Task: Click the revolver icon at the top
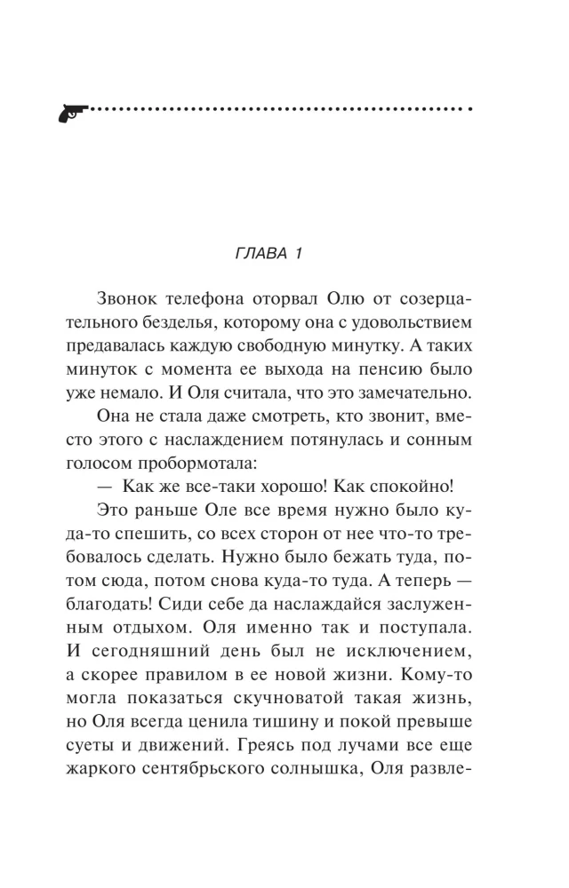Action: point(72,112)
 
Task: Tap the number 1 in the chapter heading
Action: point(300,253)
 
